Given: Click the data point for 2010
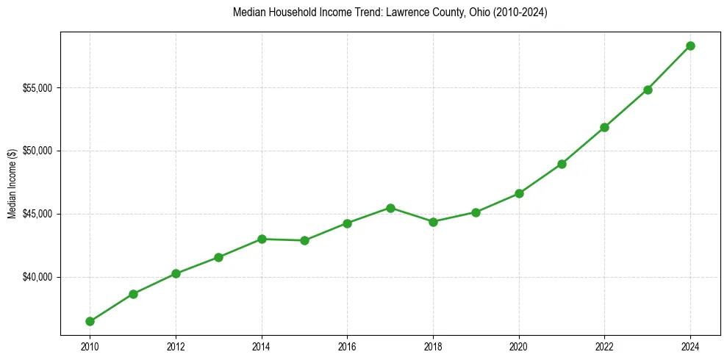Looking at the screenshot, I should [90, 321].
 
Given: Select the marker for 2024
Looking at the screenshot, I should [690, 46].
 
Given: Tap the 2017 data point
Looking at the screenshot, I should [390, 208].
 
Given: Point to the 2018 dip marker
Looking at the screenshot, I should [433, 222].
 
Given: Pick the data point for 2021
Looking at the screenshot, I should [562, 164].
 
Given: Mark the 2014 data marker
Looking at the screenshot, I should [262, 239].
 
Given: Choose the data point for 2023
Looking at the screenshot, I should [648, 90].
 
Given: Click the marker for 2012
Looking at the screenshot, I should [176, 273].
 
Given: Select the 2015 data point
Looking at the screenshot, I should [304, 240].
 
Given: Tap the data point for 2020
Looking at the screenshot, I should [519, 193].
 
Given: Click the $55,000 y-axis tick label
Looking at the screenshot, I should [37, 88].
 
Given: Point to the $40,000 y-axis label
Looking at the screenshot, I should [37, 277].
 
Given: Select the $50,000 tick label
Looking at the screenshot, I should [37, 151].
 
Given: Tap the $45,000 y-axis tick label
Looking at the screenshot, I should [37, 214].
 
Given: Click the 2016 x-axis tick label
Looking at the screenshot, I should [347, 346].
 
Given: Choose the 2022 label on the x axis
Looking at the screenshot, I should [604, 346].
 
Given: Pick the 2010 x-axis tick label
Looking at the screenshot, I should [90, 346].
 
